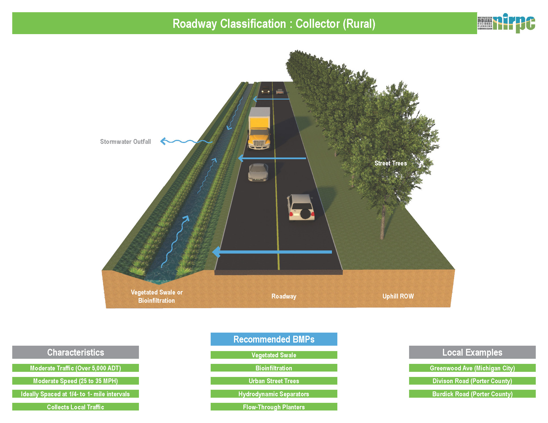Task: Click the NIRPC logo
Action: click(x=506, y=23)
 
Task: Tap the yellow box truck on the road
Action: click(x=259, y=128)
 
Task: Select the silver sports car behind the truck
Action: click(x=258, y=172)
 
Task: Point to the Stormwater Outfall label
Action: click(x=125, y=142)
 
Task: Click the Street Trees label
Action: click(x=391, y=163)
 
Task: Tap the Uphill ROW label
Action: click(x=398, y=296)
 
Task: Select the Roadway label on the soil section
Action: click(x=284, y=296)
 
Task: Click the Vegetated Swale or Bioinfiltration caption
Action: click(x=157, y=296)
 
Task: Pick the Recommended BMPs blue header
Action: click(x=274, y=339)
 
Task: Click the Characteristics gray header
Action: click(x=75, y=352)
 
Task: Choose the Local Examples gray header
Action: click(x=472, y=352)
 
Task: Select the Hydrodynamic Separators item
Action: click(x=274, y=394)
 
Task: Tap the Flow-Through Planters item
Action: click(x=274, y=407)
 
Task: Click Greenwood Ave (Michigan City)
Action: click(x=472, y=368)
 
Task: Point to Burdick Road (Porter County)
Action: click(x=472, y=394)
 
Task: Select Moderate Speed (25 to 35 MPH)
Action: click(x=75, y=381)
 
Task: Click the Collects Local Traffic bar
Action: click(x=75, y=407)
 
